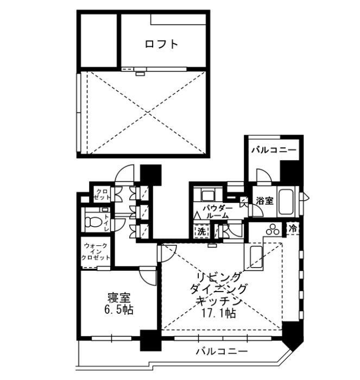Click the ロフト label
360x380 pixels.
pos(161,45)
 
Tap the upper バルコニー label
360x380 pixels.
pos(273,149)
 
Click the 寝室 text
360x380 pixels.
pos(119,298)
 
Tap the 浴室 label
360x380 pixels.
pos(265,200)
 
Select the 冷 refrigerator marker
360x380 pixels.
pos(293,229)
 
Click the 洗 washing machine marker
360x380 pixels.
pos(201,230)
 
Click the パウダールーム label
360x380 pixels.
pos(217,212)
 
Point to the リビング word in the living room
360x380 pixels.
pos(216,277)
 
